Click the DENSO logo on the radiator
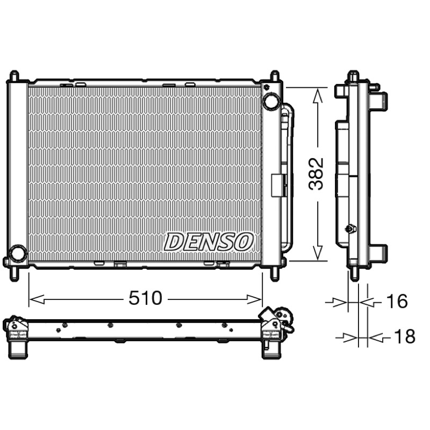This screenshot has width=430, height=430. pos(209,241)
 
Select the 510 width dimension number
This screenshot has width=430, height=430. pos(145,298)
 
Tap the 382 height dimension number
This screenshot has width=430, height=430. pos(316,174)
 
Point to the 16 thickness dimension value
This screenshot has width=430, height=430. pos(397,301)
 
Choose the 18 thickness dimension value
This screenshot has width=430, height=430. pos(405,336)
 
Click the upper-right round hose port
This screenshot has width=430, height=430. pos(271,102)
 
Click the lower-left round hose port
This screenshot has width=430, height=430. pos(18,252)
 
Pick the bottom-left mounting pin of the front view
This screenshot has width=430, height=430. pos(15,274)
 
